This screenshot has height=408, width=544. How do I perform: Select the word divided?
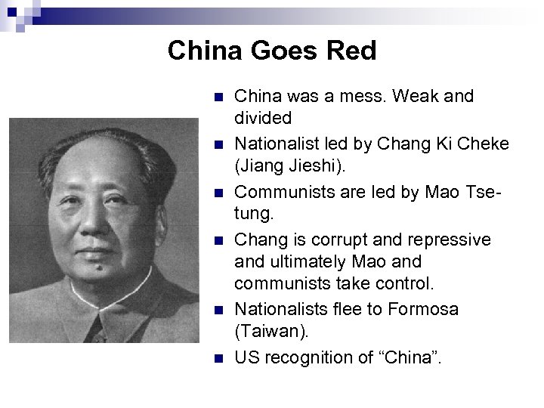[262, 118]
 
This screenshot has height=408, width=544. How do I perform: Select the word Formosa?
[424, 310]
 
